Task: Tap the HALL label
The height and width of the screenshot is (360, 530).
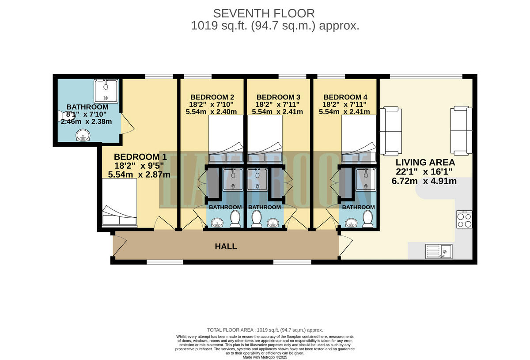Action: pyautogui.click(x=226, y=246)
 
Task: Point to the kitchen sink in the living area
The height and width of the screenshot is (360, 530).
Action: pyautogui.click(x=438, y=252)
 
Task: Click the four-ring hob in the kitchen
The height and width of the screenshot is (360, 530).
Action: pyautogui.click(x=464, y=219)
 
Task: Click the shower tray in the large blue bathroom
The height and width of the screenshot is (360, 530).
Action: pyautogui.click(x=106, y=91)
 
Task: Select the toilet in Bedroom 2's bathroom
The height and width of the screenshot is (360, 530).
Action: pyautogui.click(x=235, y=218)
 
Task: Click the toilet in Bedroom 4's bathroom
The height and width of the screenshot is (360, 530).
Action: pyautogui.click(x=367, y=218)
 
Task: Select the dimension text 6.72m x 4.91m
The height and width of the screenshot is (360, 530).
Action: pyautogui.click(x=424, y=181)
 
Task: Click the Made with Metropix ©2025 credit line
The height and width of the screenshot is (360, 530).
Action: pyautogui.click(x=265, y=357)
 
